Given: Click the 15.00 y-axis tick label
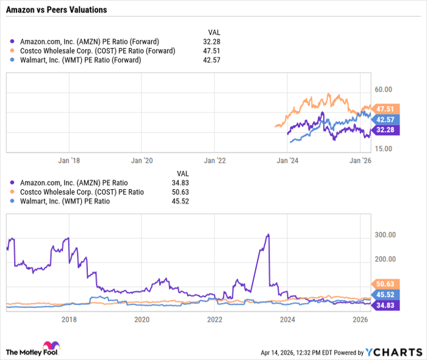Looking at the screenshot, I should (384, 149).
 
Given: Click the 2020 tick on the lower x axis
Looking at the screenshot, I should (141, 320).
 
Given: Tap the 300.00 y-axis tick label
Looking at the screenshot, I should (386, 235).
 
